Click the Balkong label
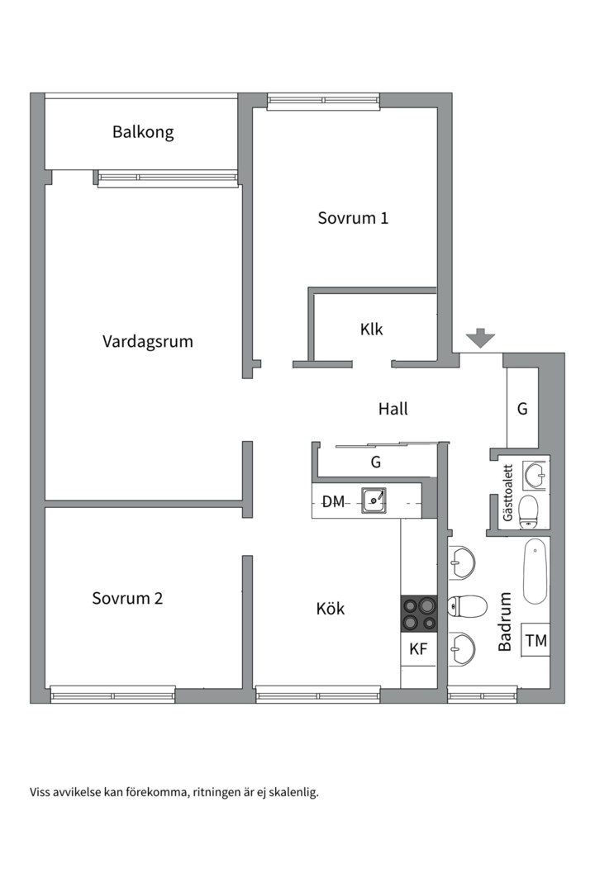coord(143,131)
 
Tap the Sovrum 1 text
coord(353,218)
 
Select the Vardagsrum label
coord(148,340)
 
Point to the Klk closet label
coord(371,329)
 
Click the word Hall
coord(393,408)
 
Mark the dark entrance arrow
coord(480,338)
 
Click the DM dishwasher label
coord(334,501)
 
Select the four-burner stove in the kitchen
coord(419,614)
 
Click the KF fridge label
coord(419,649)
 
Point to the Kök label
coord(331,610)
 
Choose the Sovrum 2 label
coord(127,598)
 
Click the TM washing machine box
coord(536,639)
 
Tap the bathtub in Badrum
coord(535,571)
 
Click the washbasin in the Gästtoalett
coord(535,473)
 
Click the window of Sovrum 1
coord(323,102)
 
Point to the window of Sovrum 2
coord(113,695)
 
